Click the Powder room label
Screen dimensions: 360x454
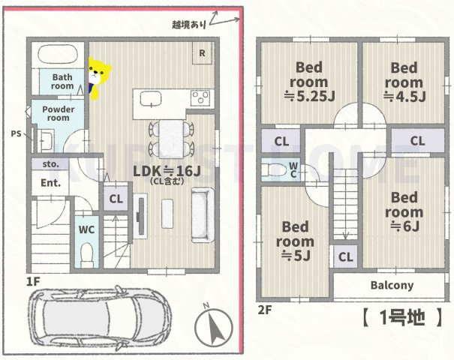(x=57, y=113)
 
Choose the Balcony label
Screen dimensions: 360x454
(x=391, y=286)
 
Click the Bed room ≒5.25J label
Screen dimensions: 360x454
(x=308, y=80)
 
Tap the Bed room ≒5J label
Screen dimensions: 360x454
(x=295, y=241)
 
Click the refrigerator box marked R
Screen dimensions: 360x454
(x=202, y=52)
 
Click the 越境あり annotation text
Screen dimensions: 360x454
(x=188, y=25)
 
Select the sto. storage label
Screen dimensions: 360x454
(x=50, y=163)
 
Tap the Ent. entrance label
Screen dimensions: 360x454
(x=50, y=182)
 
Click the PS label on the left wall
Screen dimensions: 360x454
(x=16, y=133)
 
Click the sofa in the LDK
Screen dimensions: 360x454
(x=202, y=215)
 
